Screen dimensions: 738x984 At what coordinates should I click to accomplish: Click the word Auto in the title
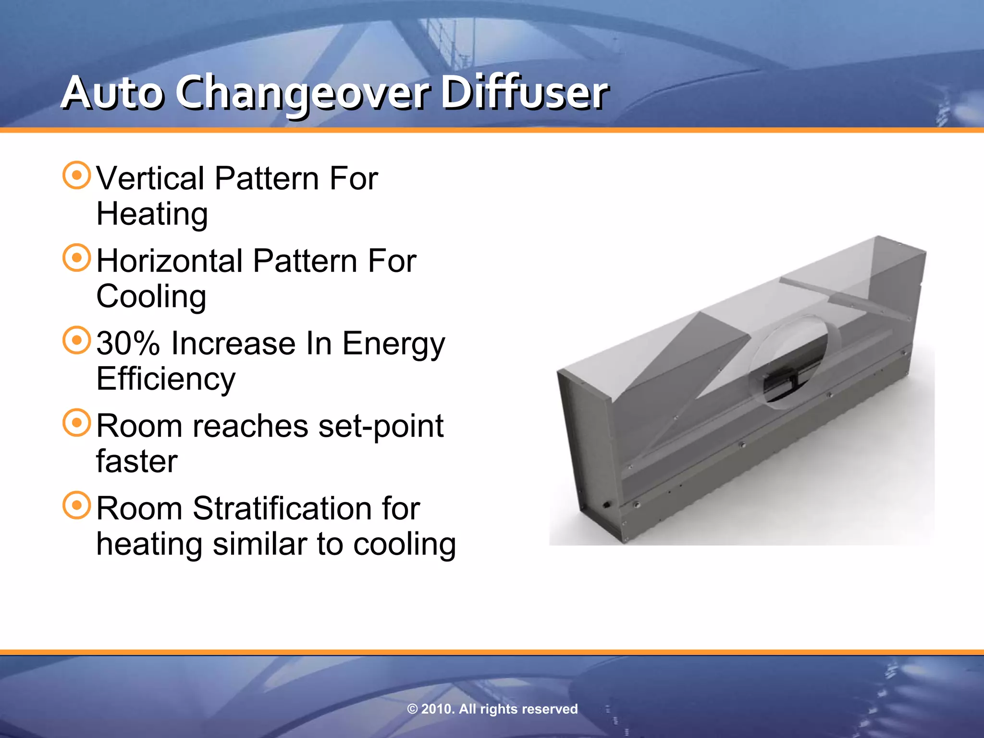112,93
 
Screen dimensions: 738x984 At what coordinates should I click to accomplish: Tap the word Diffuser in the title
524,93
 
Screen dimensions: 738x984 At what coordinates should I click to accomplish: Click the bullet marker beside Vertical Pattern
77,175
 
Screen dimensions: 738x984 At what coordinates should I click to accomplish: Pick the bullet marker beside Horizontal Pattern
77,258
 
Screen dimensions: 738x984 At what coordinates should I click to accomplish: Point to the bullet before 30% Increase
77,340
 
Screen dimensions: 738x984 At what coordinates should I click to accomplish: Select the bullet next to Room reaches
77,423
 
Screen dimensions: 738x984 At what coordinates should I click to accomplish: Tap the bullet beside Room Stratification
77,505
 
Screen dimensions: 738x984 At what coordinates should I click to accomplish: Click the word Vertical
150,179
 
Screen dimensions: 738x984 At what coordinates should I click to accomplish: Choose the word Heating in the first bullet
152,214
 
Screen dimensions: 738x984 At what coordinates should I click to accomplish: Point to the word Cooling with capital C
151,297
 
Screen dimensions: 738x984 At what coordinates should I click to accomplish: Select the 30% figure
128,344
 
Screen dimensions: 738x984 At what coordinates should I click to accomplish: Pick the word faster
137,462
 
